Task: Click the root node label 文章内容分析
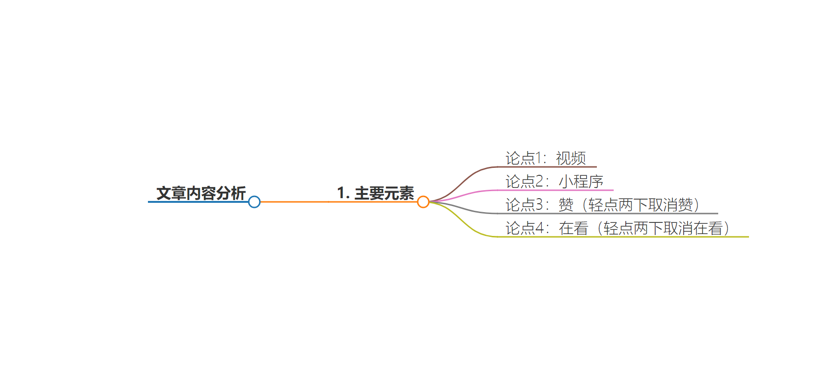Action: (x=201, y=193)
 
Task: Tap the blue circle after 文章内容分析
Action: (x=254, y=202)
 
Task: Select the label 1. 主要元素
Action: (x=376, y=193)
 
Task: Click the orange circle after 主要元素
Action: (x=423, y=202)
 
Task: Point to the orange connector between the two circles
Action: (x=339, y=202)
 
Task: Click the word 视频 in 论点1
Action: (x=571, y=158)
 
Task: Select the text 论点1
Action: (x=525, y=158)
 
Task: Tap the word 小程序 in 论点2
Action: (x=581, y=181)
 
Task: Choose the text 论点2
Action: (x=525, y=181)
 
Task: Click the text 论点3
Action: (x=525, y=205)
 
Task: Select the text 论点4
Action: (x=525, y=228)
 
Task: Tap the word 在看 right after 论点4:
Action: (x=574, y=228)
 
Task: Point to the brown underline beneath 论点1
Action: (x=547, y=166)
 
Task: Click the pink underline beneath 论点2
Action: (x=555, y=190)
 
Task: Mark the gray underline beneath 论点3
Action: (x=608, y=213)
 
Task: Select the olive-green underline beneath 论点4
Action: (x=623, y=236)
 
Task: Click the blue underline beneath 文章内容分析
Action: (x=198, y=202)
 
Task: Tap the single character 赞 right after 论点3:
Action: (x=566, y=205)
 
